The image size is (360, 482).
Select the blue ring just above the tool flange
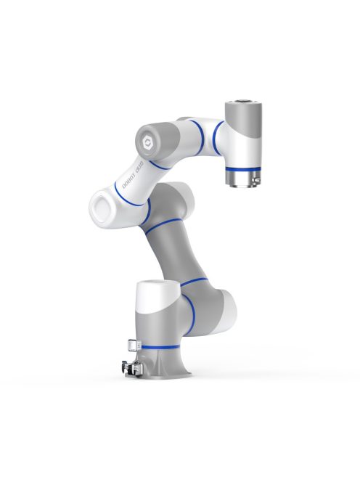(x=242, y=168)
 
